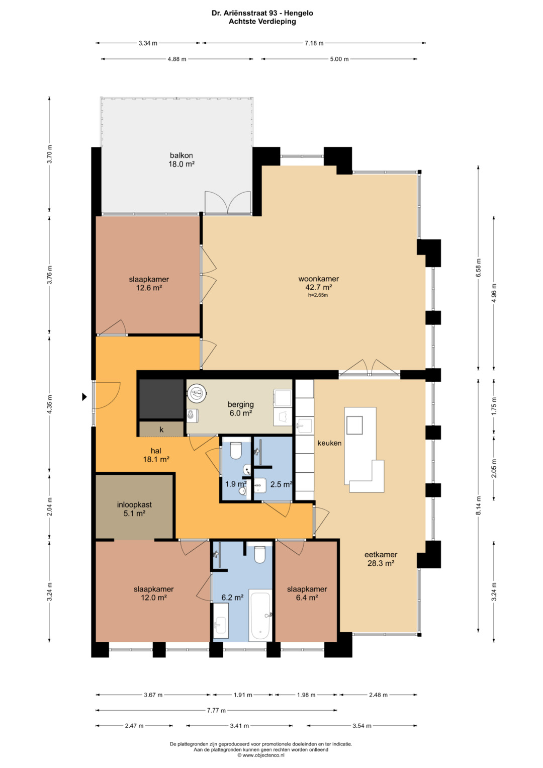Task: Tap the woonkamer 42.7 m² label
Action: tap(318, 283)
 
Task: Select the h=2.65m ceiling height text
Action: tap(318, 295)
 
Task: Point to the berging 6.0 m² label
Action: tap(241, 409)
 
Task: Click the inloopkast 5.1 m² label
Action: tap(134, 509)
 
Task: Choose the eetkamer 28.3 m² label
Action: tap(381, 559)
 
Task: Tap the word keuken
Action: tap(329, 443)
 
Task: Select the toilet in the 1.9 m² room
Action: tap(235, 451)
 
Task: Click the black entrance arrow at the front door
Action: tap(84, 397)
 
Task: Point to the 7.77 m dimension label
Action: tap(216, 710)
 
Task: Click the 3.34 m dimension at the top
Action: tap(148, 43)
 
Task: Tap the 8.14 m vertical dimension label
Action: tap(479, 505)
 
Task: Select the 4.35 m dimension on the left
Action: tap(50, 404)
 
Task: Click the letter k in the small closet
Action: tap(161, 429)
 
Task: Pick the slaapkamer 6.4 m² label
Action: tap(307, 593)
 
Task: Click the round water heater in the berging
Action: tap(197, 393)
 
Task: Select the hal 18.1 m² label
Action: tap(156, 455)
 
